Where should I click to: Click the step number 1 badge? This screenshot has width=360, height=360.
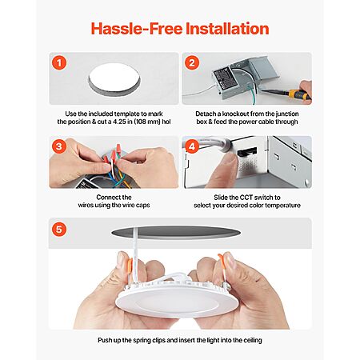pos(59,63)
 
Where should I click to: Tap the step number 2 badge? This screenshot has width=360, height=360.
pos(192,63)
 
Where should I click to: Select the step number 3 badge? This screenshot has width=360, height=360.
pos(59,146)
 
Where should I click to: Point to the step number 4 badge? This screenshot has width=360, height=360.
pos(192,146)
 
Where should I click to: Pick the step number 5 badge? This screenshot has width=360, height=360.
pos(59,230)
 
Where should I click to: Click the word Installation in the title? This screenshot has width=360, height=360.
pos(227,29)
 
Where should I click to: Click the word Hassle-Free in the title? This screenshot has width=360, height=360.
pos(137,29)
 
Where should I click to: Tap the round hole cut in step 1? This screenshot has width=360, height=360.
pos(114,79)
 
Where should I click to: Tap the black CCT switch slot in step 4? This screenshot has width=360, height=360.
pos(247,152)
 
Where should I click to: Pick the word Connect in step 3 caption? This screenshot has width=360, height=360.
pos(106,198)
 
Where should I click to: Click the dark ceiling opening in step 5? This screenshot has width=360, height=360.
pos(176,232)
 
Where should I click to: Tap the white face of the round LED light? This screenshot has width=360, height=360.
pos(177,304)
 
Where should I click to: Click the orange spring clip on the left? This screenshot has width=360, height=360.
pos(130,266)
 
